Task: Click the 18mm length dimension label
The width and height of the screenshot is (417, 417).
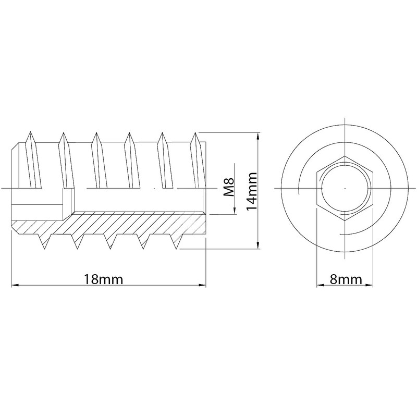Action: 103,279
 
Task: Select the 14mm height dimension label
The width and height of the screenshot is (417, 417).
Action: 252,191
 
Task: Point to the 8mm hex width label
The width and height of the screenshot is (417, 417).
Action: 346,279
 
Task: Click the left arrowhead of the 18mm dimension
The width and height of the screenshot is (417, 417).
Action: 15,285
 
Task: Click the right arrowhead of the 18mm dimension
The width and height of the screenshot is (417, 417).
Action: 203,285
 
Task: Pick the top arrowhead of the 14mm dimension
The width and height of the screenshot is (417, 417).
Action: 257,137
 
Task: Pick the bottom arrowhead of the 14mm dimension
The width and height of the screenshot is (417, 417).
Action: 257,245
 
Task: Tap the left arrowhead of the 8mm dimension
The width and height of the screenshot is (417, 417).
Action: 320,285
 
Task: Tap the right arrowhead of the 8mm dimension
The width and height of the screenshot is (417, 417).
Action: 369,285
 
